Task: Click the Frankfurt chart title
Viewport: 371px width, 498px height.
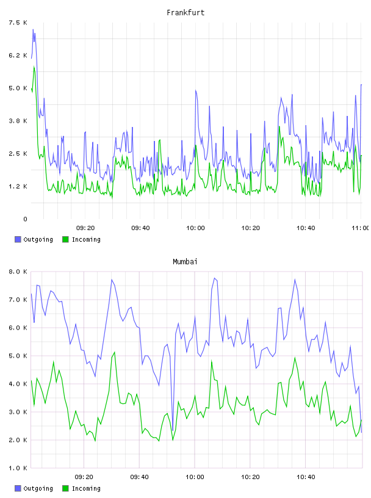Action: tap(185, 12)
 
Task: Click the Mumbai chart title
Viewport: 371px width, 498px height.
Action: tap(185, 261)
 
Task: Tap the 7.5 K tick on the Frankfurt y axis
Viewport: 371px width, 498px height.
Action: tap(18, 23)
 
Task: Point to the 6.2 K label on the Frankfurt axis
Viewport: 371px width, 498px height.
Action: tap(18, 56)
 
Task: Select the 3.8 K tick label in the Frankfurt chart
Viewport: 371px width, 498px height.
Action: tap(18, 121)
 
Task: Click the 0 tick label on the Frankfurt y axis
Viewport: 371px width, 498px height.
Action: tap(25, 219)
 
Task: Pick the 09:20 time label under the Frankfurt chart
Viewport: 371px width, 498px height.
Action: tap(85, 228)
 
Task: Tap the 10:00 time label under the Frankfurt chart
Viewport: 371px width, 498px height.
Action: tap(195, 228)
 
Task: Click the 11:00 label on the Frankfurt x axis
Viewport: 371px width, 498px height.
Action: tap(360, 228)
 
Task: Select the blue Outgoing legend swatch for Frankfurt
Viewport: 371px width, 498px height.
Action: tap(18, 239)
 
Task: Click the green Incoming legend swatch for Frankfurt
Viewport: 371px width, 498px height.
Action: tap(65, 239)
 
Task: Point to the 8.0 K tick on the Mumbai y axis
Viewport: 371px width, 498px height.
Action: tap(18, 272)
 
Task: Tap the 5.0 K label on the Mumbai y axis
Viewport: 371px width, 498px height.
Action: tap(18, 356)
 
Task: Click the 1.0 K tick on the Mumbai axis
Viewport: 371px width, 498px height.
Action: tap(18, 468)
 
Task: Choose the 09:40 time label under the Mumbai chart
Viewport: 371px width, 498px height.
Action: tap(140, 477)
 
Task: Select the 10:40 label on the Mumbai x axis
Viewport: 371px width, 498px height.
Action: tap(306, 477)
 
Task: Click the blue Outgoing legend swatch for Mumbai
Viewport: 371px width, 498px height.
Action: tap(18, 488)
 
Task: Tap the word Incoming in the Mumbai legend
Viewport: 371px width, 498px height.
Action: tap(86, 488)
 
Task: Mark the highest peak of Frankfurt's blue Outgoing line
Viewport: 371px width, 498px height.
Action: tap(33, 29)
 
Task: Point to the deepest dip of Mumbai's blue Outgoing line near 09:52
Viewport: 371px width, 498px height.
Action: tap(173, 430)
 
